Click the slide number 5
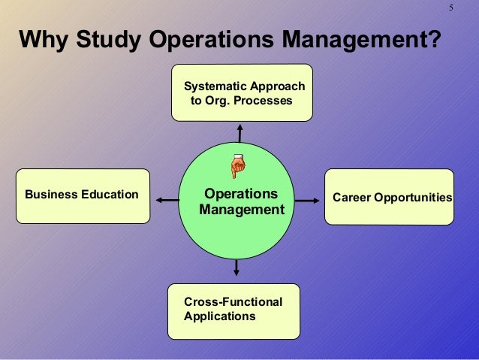(451, 8)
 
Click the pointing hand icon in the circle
(238, 165)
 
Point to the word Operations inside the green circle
(241, 194)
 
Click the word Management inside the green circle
(242, 210)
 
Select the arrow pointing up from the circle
(239, 132)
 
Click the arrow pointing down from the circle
(236, 267)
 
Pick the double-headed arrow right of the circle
(306, 201)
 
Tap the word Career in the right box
(349, 198)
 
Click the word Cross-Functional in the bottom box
(233, 301)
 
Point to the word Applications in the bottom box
(219, 316)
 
